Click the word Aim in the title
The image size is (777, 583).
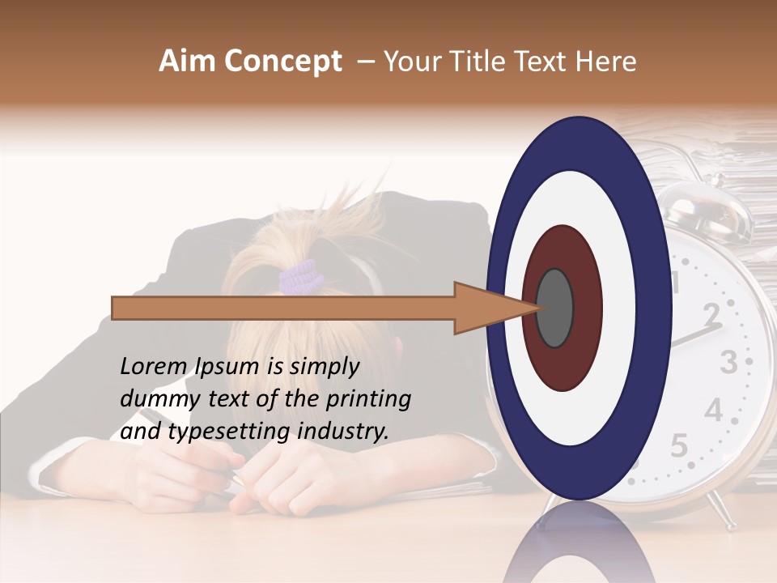pyautogui.click(x=187, y=62)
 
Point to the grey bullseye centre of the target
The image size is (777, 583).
pyautogui.click(x=554, y=309)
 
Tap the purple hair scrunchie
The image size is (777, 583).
pyautogui.click(x=301, y=278)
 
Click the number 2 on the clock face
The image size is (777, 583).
pyautogui.click(x=711, y=314)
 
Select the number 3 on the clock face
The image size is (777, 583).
pyautogui.click(x=729, y=362)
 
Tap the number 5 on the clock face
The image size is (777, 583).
pyautogui.click(x=679, y=445)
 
